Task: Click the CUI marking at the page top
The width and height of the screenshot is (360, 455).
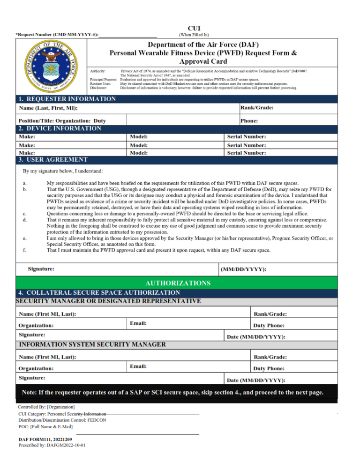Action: [x=194, y=29]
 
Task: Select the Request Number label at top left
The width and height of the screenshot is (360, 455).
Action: [x=57, y=35]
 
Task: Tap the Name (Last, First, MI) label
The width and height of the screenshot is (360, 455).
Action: [x=48, y=108]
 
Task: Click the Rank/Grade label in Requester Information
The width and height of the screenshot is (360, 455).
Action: [x=257, y=108]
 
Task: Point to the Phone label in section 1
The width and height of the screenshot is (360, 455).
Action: [x=249, y=120]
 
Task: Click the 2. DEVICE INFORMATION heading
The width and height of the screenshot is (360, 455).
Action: [x=60, y=128]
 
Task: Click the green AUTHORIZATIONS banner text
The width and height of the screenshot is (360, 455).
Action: [x=178, y=283]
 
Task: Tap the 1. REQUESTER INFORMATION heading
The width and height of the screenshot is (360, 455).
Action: [x=67, y=99]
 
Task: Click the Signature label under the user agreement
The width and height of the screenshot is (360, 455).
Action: [x=41, y=269]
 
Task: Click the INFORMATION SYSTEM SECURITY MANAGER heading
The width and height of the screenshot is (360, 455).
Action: [x=92, y=344]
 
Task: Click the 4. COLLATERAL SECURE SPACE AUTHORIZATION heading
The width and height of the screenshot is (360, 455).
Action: [x=99, y=292]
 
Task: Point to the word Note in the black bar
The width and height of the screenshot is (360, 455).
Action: [x=30, y=392]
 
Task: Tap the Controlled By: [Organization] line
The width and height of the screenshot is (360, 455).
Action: [x=46, y=407]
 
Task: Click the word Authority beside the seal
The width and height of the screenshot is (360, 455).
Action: [x=98, y=71]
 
